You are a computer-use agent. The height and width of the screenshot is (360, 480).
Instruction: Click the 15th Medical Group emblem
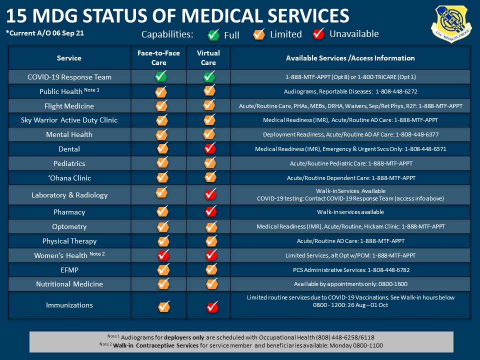451,24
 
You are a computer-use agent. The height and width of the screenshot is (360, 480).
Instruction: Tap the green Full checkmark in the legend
213,34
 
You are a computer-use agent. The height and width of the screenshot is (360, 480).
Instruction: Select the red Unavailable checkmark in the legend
318,33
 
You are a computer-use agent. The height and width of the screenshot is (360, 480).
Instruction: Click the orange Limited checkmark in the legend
259,34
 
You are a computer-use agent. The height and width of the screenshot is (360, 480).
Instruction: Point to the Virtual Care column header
208,57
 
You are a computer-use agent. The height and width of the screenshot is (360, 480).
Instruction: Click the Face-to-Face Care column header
158,57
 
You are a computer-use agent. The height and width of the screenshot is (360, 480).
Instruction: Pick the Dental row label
69,149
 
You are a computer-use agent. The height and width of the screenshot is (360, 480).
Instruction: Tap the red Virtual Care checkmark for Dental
210,148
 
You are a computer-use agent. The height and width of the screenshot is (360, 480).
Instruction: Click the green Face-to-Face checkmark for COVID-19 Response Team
161,76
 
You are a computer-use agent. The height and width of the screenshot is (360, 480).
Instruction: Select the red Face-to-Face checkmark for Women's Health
163,254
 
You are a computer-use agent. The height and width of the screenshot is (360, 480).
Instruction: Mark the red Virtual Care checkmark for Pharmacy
211,211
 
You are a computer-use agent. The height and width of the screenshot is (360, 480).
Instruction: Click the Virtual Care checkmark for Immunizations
212,306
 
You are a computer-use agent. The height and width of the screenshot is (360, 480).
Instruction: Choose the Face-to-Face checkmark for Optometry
163,226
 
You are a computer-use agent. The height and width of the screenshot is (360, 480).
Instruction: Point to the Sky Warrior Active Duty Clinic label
69,120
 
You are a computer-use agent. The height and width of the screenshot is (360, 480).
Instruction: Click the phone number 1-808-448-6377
417,134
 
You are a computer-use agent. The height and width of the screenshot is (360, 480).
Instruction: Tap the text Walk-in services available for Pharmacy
350,212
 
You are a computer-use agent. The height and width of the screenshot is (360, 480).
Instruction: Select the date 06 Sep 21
68,33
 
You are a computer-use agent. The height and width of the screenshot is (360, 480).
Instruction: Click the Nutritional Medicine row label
69,284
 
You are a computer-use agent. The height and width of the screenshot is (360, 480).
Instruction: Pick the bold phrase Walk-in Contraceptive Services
156,345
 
